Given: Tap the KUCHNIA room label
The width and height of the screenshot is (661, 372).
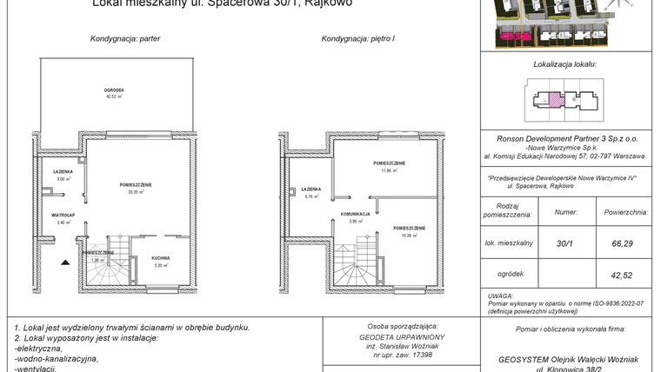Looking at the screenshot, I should pyautogui.click(x=159, y=258).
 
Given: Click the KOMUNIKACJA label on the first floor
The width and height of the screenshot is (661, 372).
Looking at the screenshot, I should pyautogui.click(x=356, y=214).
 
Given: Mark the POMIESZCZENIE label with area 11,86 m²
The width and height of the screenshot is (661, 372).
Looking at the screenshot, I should pyautogui.click(x=389, y=163).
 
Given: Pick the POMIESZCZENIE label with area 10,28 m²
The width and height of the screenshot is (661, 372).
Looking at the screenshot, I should pyautogui.click(x=407, y=228).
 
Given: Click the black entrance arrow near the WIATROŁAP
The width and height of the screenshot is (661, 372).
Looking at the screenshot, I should pyautogui.click(x=63, y=260).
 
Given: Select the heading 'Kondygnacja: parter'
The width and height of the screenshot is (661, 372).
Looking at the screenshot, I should pyautogui.click(x=125, y=39).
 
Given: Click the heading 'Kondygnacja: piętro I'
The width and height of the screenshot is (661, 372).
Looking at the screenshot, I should pyautogui.click(x=358, y=39).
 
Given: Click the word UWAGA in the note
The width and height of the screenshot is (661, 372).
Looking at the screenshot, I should pyautogui.click(x=500, y=295).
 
